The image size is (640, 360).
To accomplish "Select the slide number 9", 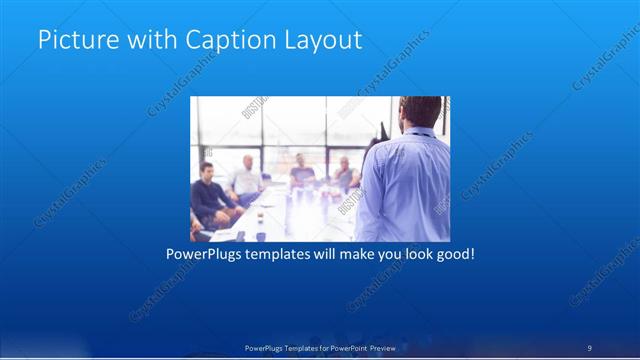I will click(x=590, y=347).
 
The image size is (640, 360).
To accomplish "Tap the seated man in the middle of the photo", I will click(x=301, y=174).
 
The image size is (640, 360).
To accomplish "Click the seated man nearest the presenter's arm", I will click(x=345, y=175).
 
